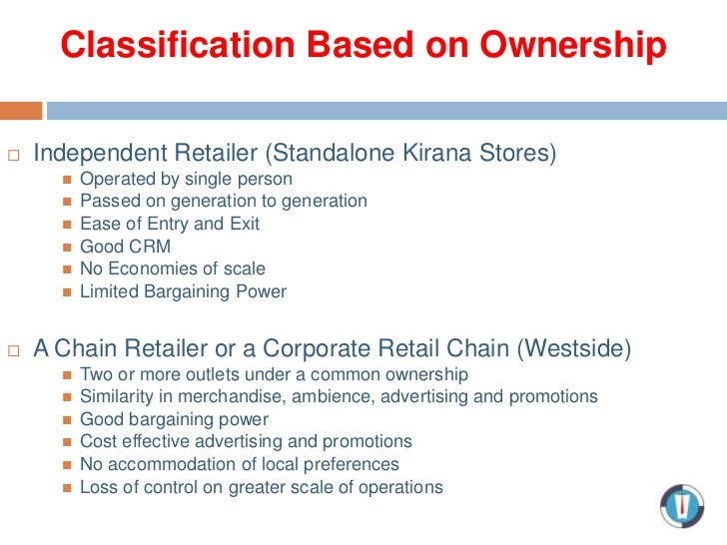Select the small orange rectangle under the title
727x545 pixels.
click(21, 110)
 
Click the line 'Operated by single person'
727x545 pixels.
click(186, 179)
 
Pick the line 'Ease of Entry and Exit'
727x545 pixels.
click(169, 224)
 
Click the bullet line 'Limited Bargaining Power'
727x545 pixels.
click(183, 291)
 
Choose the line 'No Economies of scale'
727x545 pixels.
click(172, 269)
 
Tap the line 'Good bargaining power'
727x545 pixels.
click(174, 419)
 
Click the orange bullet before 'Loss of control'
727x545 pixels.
click(67, 488)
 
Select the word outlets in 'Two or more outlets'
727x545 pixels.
click(204, 374)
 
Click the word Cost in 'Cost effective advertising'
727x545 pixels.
click(97, 441)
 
